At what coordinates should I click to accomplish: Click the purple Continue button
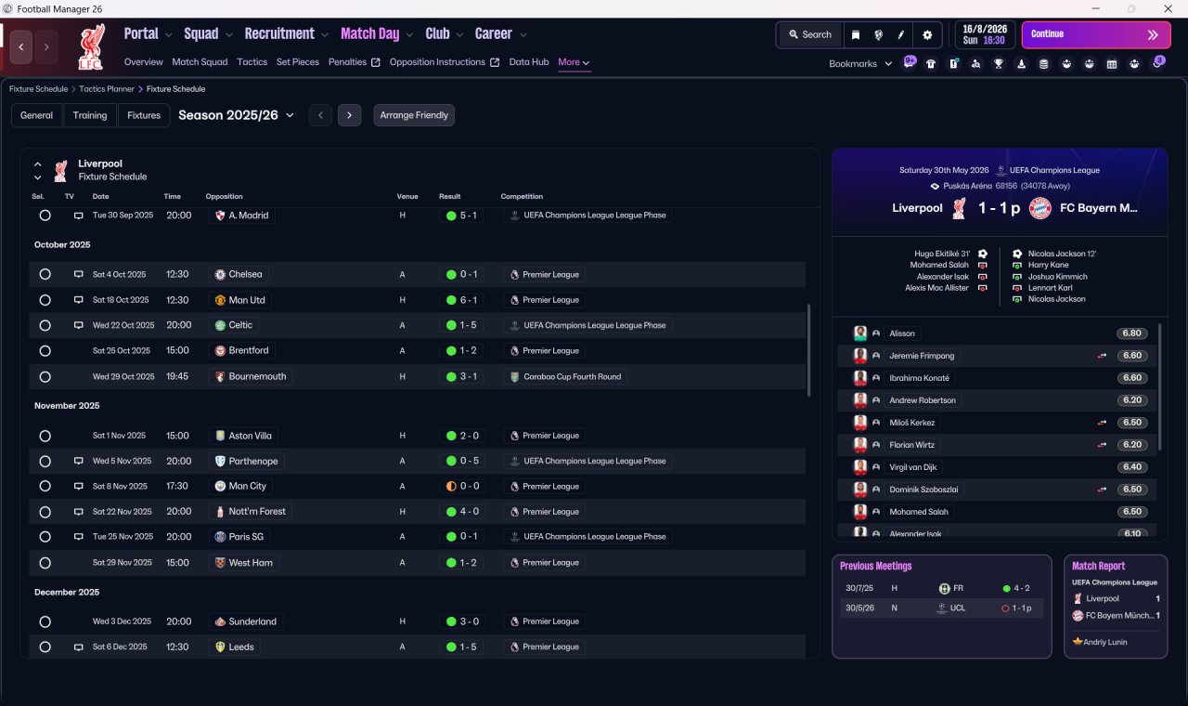[x=1096, y=34]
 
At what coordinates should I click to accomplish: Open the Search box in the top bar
[x=810, y=34]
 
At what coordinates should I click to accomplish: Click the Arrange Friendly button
[x=414, y=115]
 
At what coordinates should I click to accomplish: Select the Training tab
[x=90, y=115]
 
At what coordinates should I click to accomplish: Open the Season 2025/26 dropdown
[x=236, y=115]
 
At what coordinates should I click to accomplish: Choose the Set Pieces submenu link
[x=298, y=62]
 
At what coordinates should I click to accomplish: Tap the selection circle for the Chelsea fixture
[x=45, y=274]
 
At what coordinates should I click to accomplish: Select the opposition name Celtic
[x=240, y=325]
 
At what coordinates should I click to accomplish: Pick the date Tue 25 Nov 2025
[x=123, y=537]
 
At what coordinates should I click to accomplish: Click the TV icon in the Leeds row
[x=78, y=647]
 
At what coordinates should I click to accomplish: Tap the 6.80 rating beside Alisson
[x=1131, y=333]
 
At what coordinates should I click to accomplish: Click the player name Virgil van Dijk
[x=912, y=467]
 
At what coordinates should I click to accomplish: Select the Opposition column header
[x=224, y=196]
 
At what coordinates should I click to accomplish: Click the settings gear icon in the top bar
[x=927, y=35]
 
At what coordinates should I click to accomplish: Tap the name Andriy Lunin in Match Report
[x=1104, y=642]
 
